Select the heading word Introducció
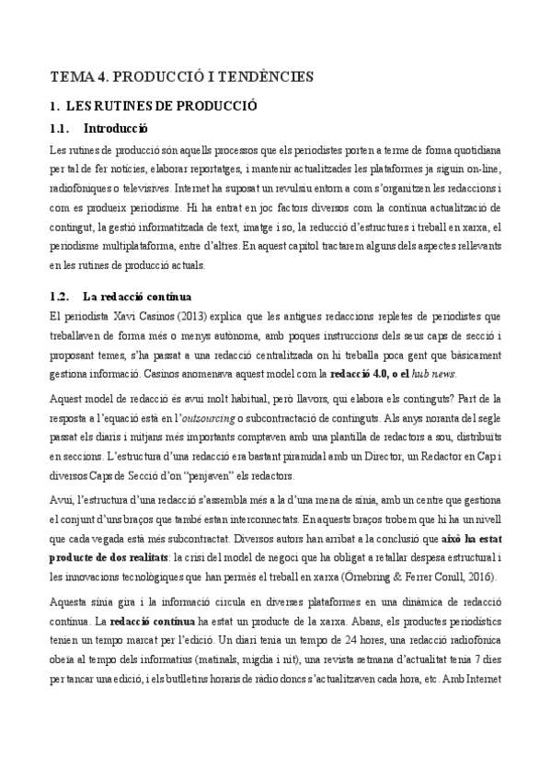click(116, 128)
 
